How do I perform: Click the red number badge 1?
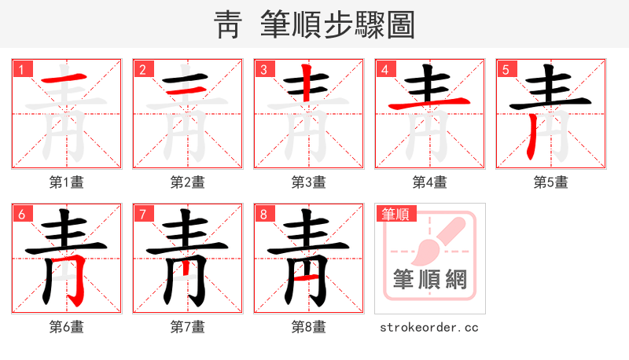tap(21, 69)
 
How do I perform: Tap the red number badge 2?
tap(142, 69)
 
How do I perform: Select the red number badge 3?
tap(263, 69)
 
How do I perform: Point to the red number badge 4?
tap(384, 69)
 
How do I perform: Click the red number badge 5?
tap(506, 69)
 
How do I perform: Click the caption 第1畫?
tap(67, 182)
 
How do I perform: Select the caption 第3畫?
tap(309, 182)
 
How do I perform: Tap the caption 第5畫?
tap(551, 182)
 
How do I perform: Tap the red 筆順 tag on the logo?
tap(396, 214)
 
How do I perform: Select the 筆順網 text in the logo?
tap(430, 279)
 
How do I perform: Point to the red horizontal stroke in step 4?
tap(430, 104)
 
